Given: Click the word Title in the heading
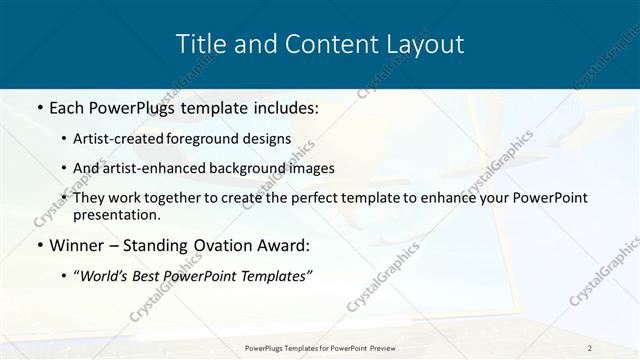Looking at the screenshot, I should point(198,44).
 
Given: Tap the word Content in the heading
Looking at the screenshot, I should point(322,44).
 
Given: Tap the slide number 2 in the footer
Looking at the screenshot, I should point(590,348).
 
